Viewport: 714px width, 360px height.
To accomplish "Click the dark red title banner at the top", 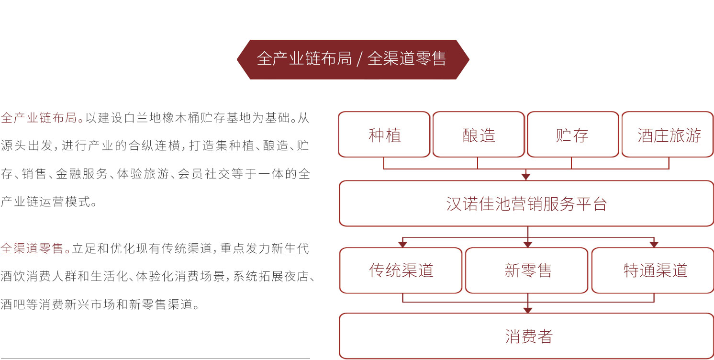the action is [353, 59].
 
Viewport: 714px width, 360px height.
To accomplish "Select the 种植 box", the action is [384, 134].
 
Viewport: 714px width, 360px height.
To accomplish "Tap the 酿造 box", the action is [479, 134].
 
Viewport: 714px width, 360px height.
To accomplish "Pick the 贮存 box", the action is [573, 134].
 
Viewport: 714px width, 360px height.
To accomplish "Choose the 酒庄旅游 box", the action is [668, 134].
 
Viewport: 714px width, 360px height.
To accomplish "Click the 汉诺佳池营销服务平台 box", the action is [526, 203].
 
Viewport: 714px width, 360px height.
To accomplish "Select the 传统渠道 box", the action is [401, 270].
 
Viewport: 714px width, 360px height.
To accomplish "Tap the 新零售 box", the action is [526, 270].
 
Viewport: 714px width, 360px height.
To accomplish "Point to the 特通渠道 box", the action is [653, 270].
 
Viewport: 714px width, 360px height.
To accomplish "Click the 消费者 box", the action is [526, 336].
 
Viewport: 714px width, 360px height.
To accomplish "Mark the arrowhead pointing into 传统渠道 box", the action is [402, 244].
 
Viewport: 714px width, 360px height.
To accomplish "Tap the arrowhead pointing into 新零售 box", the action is [528, 244].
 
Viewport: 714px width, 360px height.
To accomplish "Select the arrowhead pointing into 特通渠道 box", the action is [654, 244].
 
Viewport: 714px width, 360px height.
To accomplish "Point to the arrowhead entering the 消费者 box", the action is [528, 310].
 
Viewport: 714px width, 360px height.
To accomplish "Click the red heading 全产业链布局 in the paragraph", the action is [39, 118].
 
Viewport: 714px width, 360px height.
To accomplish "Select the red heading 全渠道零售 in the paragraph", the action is [32, 248].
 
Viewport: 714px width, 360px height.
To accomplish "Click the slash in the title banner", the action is [359, 59].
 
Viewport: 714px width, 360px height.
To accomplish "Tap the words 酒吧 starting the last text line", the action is [13, 304].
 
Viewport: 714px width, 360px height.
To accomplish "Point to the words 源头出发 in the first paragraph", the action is [26, 146].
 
